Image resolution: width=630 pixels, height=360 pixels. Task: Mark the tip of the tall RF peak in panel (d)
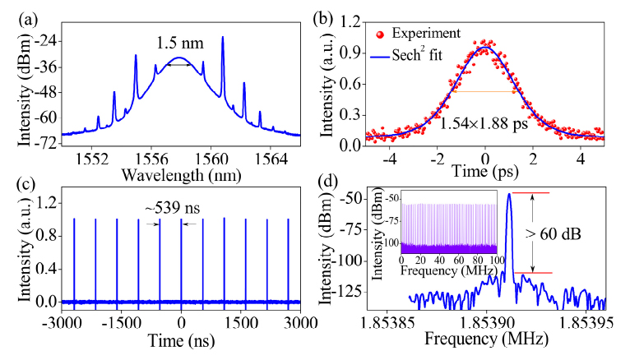510,193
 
